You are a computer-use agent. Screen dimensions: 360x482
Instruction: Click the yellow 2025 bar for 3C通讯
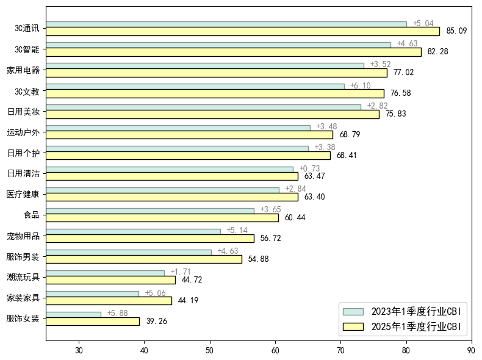[x=242, y=31]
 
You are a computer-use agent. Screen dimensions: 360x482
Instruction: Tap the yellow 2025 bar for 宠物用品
[x=149, y=239]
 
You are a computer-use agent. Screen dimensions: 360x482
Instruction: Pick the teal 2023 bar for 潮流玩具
[x=105, y=273]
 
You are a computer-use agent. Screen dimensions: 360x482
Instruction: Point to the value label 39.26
[x=156, y=322]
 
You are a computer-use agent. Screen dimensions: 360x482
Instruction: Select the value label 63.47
[x=315, y=176]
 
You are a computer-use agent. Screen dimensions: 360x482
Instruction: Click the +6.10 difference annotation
[x=360, y=86]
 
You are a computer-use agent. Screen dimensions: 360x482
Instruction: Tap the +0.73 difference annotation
[x=309, y=169]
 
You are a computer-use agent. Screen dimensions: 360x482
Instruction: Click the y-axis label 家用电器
[x=23, y=70]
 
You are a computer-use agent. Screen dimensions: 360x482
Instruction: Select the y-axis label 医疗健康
[x=23, y=195]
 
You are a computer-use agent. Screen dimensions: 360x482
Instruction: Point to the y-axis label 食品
[x=31, y=215]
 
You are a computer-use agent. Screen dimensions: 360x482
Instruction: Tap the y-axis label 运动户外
[x=23, y=132]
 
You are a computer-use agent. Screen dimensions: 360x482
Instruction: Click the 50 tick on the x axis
[x=210, y=350]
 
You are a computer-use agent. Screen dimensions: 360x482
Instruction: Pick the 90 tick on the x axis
[x=471, y=350]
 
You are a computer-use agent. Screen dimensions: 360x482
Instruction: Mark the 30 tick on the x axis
[x=79, y=350]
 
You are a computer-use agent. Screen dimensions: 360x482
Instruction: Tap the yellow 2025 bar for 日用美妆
[x=212, y=114]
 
